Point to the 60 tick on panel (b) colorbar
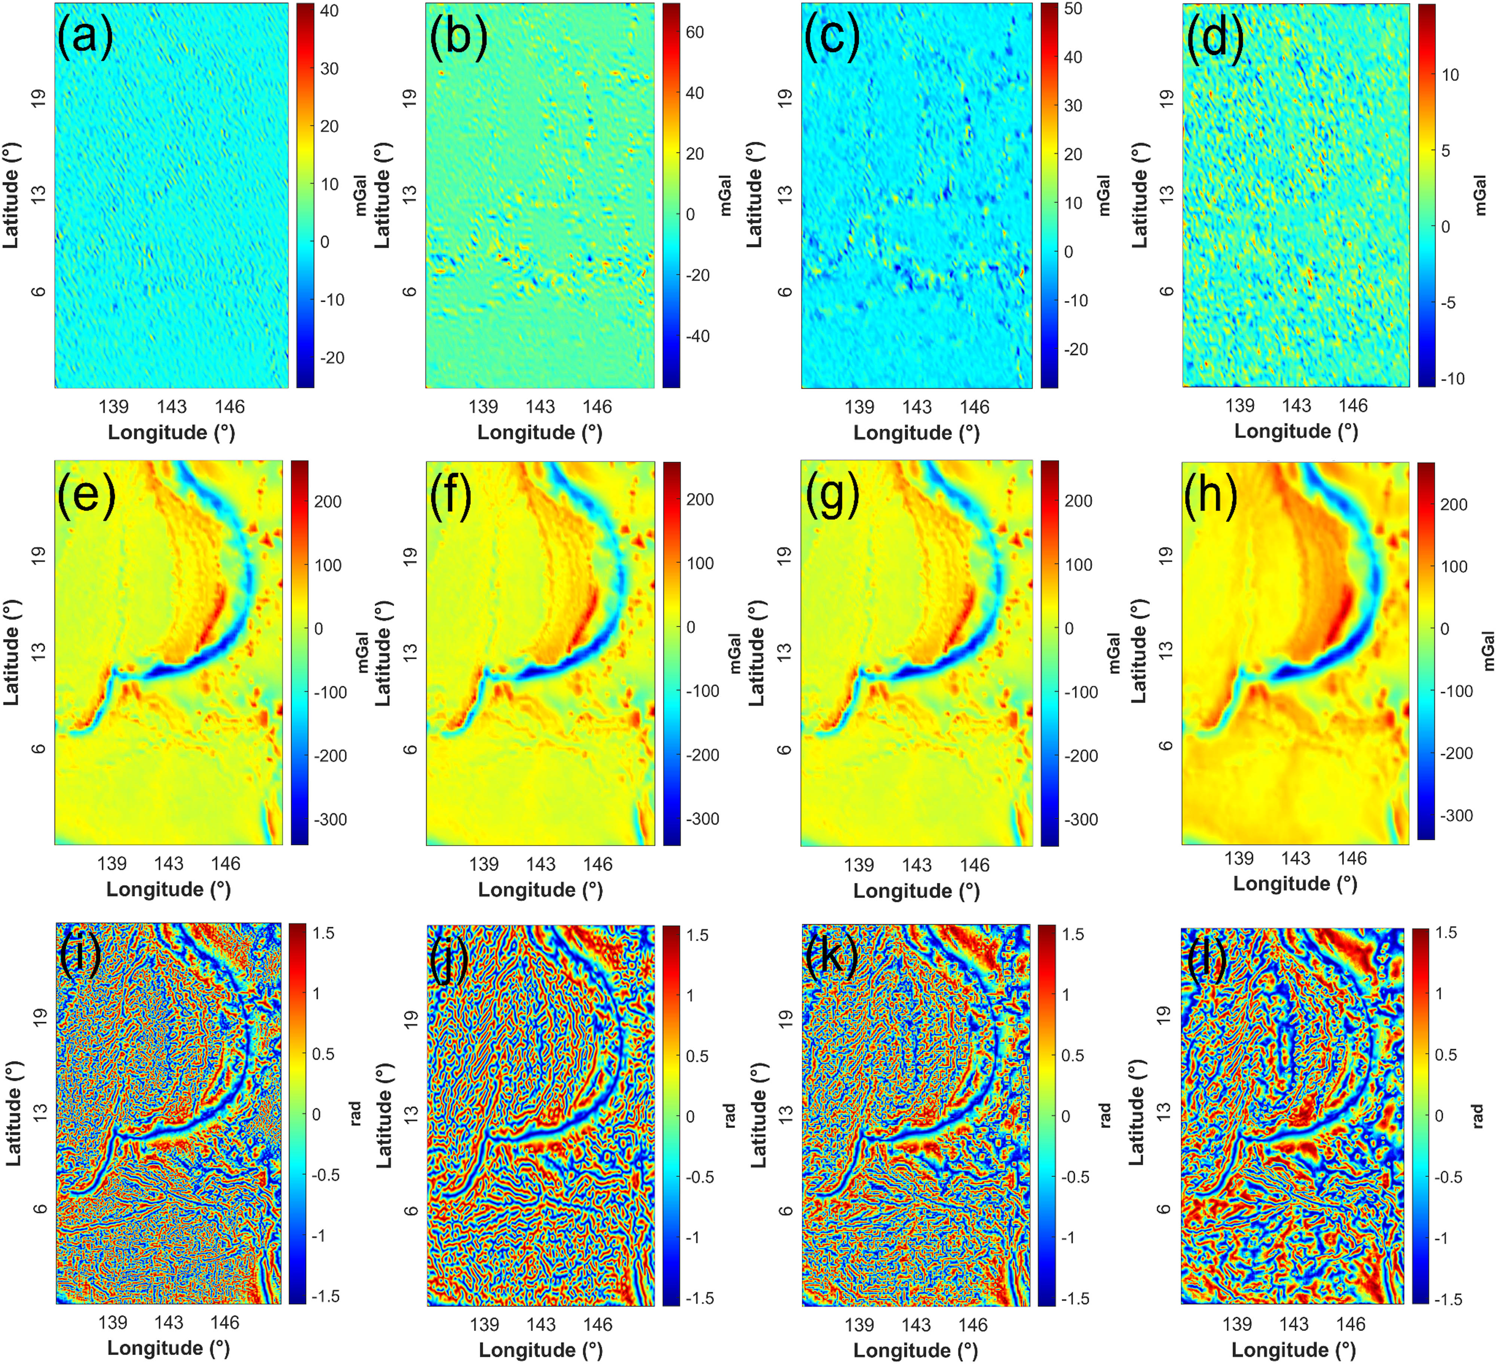(695, 33)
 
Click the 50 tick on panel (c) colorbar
(1073, 9)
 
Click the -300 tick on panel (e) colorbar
(329, 819)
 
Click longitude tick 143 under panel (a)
(171, 407)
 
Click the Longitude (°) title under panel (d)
(1296, 431)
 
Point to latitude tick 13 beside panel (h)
(1167, 649)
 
